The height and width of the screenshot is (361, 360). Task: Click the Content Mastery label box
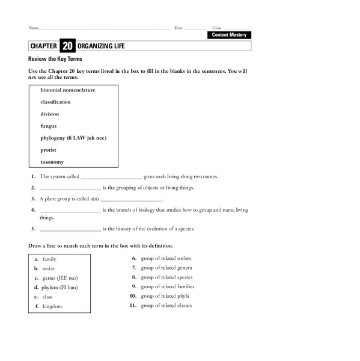(230, 35)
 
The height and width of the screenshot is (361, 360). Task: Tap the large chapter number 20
(67, 46)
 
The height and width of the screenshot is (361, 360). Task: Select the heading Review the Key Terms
(55, 59)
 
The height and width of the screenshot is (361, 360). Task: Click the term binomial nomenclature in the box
(68, 90)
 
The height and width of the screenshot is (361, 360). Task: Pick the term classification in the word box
(59, 102)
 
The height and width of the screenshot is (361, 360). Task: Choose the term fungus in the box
(49, 126)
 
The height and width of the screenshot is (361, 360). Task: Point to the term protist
(49, 150)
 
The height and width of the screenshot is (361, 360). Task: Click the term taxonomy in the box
(52, 162)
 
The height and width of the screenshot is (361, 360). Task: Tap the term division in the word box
(50, 114)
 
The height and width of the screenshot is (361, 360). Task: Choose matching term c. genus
(60, 278)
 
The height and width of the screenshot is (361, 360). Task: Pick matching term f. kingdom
(52, 306)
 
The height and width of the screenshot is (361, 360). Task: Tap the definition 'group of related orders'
(166, 258)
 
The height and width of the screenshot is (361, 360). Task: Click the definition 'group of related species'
(166, 277)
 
